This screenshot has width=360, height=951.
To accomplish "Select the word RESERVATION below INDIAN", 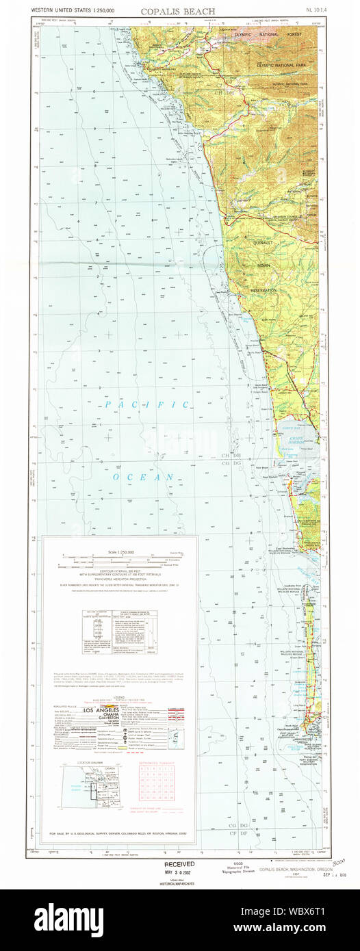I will [263, 290].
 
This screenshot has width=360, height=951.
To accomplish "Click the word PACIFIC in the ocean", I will [147, 404].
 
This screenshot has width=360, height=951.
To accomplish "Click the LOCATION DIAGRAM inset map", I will [90, 777].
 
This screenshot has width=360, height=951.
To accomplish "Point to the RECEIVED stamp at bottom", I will [179, 863].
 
